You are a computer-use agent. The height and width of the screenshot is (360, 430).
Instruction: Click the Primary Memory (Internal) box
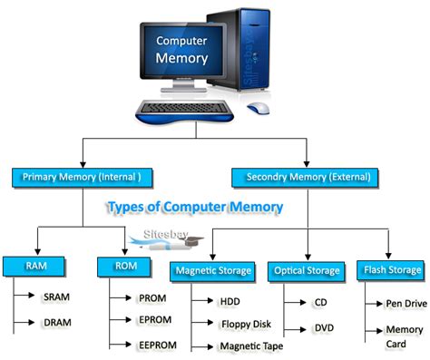tap(82, 177)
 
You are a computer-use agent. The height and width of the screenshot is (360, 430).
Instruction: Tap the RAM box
tap(31, 267)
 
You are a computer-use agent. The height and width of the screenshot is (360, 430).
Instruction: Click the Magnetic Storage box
tap(213, 270)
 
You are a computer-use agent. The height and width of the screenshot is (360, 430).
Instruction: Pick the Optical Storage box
tap(306, 270)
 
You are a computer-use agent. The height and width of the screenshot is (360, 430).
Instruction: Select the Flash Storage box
tap(392, 269)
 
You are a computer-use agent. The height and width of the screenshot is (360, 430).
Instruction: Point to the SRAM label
tap(57, 297)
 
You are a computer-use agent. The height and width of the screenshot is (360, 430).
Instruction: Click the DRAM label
tap(57, 322)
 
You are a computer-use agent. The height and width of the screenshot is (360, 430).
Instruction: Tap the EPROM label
tap(150, 321)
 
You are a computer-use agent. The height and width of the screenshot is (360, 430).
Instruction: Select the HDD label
tap(230, 300)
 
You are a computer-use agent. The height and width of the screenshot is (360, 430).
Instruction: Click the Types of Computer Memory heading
tap(195, 208)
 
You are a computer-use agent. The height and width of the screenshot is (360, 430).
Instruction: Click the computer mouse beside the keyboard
tap(259, 108)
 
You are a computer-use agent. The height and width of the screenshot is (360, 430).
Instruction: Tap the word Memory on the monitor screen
tap(181, 59)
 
